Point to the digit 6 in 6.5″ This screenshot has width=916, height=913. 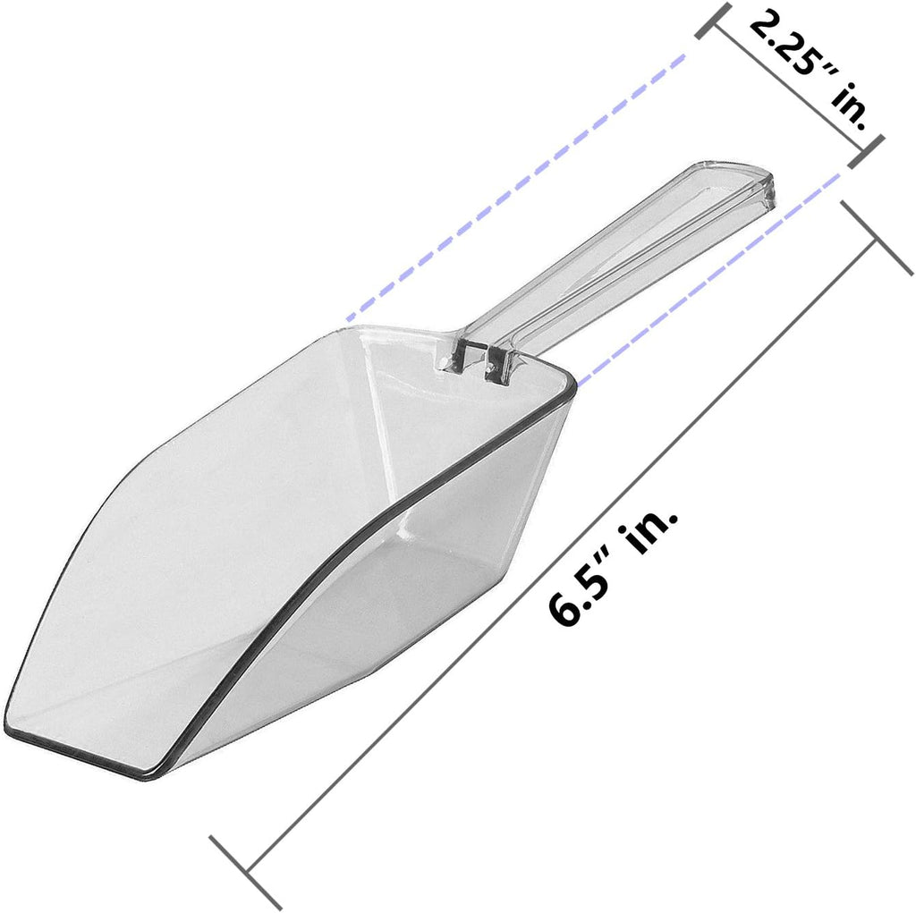pos(562,612)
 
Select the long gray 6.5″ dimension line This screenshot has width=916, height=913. pos(561,555)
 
